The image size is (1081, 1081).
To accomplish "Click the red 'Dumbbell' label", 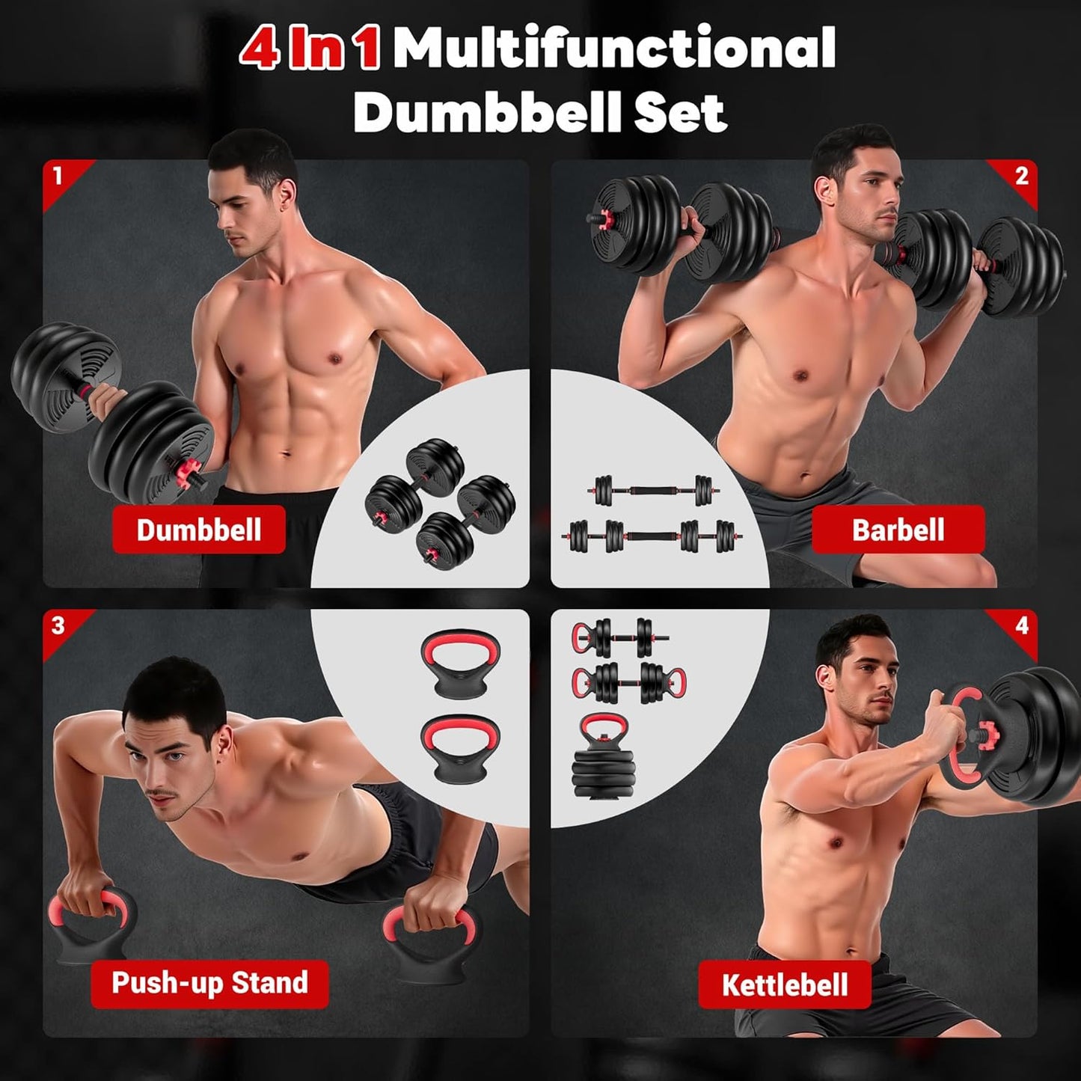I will (x=199, y=530).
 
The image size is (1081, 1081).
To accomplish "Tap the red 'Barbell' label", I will (x=898, y=530).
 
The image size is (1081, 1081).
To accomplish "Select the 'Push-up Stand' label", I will (x=209, y=983).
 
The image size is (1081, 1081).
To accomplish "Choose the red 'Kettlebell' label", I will (x=785, y=984).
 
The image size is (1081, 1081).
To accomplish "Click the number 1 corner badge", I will (x=58, y=177).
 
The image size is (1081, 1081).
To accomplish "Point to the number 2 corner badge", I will (x=1021, y=177).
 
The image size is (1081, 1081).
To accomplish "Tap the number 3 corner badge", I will (x=58, y=625).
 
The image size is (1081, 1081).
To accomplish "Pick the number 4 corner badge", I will (x=1021, y=625).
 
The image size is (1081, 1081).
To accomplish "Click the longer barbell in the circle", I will (x=652, y=536).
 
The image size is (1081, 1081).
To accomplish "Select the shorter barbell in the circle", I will (x=653, y=491).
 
